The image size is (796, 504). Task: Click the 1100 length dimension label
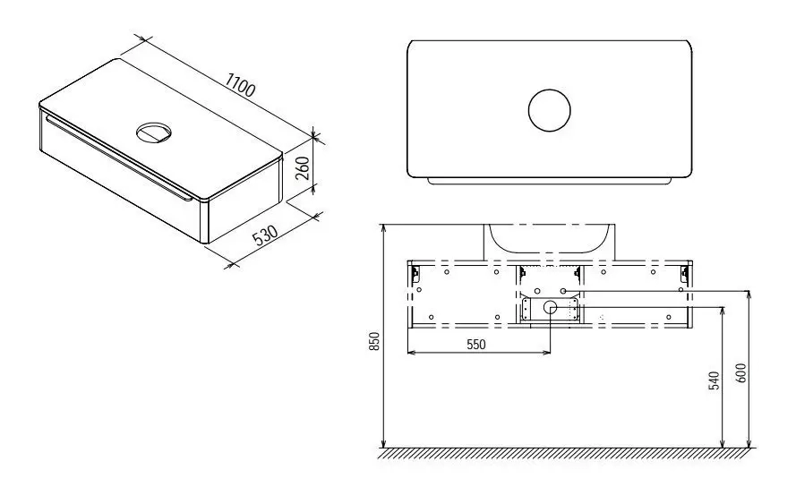click(240, 85)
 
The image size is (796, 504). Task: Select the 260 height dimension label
click(302, 168)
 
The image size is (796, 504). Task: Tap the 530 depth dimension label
click(266, 235)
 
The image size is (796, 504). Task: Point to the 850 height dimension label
click(374, 341)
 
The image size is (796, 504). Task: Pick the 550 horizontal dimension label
click(475, 345)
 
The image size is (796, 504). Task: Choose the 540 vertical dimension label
click(714, 380)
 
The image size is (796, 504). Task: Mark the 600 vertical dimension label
click(740, 373)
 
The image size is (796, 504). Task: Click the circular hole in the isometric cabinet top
click(154, 132)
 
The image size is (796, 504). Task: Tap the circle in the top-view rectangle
click(549, 111)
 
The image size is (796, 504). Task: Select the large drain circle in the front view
click(551, 307)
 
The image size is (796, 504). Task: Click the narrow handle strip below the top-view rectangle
click(550, 181)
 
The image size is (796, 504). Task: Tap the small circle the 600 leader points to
click(563, 291)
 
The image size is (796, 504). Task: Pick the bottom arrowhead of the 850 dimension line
click(384, 444)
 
